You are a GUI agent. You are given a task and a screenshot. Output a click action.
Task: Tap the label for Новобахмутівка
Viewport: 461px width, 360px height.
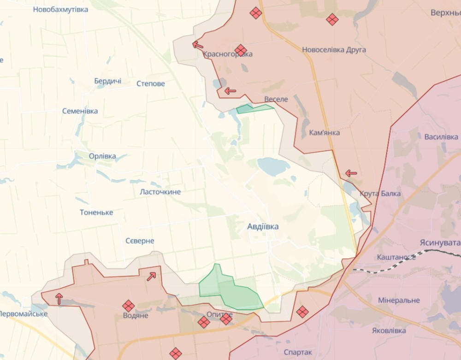point(60,9)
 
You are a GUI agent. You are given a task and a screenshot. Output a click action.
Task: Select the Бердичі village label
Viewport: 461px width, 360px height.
point(108,81)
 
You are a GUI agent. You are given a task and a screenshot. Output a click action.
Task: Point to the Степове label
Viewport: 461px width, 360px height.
point(151,84)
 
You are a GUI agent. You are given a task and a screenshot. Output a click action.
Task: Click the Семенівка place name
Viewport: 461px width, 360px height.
point(80,111)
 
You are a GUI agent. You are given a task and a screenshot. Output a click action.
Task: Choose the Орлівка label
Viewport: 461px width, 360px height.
point(102,156)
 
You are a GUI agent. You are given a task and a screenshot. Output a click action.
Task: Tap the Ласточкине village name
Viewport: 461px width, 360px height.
point(160,192)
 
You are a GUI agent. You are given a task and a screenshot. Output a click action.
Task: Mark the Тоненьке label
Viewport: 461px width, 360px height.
point(96,212)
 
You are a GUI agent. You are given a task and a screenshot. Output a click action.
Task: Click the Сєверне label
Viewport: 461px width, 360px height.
point(140,241)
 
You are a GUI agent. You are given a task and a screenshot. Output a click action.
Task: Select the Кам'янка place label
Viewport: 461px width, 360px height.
point(324,133)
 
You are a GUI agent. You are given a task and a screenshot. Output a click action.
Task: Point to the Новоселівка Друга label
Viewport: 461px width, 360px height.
point(334,50)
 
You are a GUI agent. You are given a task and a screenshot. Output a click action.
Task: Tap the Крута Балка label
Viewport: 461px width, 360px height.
point(380,194)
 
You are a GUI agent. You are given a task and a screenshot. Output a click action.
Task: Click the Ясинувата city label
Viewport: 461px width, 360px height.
point(440,242)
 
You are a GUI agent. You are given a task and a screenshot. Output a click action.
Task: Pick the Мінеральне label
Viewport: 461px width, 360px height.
point(399,301)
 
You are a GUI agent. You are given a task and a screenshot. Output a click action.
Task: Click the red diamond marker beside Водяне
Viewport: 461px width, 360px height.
point(129,306)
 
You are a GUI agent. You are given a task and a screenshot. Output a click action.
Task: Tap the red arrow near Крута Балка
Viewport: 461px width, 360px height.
point(351,173)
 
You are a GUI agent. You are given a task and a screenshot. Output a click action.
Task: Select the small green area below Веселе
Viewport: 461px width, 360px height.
point(253,109)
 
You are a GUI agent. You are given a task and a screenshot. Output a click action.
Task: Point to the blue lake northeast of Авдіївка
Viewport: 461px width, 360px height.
point(273,166)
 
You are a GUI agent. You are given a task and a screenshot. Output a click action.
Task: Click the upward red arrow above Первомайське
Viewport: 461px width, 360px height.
point(59,298)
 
